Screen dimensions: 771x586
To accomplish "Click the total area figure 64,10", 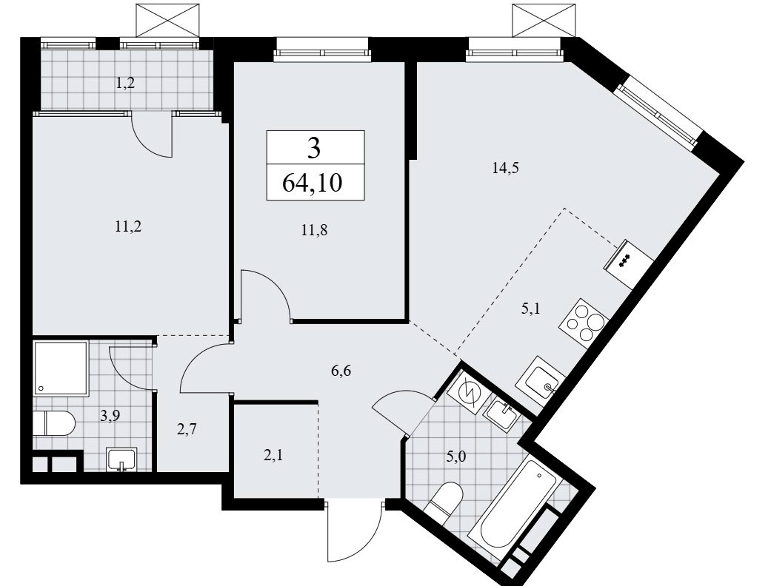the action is pyautogui.click(x=313, y=183).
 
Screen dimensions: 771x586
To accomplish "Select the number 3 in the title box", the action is pyautogui.click(x=314, y=147).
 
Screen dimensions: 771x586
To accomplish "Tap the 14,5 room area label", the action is pyautogui.click(x=505, y=169).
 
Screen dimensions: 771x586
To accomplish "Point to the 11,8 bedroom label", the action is pyautogui.click(x=315, y=229).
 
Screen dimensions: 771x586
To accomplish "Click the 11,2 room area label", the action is pyautogui.click(x=128, y=227).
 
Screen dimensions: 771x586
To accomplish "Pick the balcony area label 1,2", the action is pyautogui.click(x=125, y=84).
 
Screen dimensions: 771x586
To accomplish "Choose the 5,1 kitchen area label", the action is pyautogui.click(x=530, y=309).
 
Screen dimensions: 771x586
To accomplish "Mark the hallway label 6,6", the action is pyautogui.click(x=341, y=371).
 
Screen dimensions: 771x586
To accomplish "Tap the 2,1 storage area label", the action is pyautogui.click(x=273, y=456).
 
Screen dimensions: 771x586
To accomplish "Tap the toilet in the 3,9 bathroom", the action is pyautogui.click(x=54, y=423).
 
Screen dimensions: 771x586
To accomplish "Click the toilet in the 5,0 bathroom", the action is pyautogui.click(x=444, y=502).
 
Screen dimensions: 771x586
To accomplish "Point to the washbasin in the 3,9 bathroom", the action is pyautogui.click(x=121, y=459).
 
